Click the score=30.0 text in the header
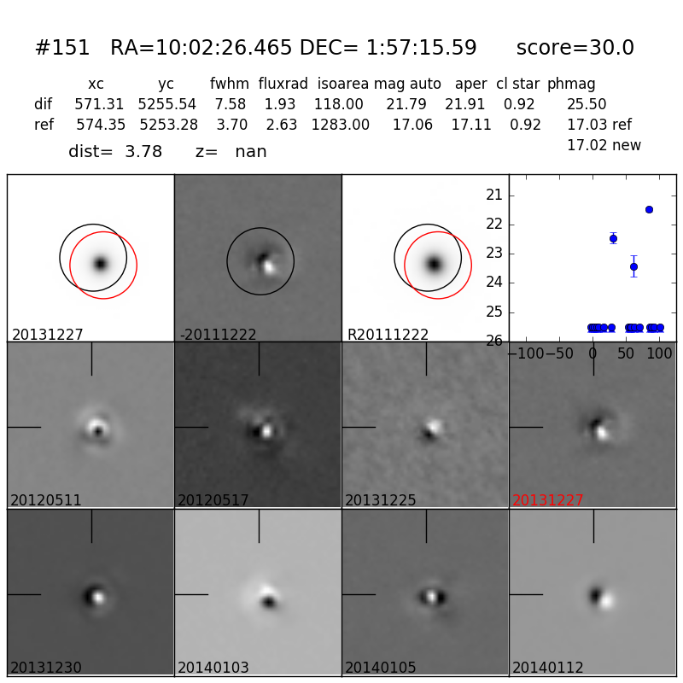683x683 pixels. tap(575, 49)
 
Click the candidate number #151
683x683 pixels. tap(62, 49)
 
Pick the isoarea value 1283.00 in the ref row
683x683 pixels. tap(340, 125)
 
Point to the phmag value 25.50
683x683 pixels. tap(587, 104)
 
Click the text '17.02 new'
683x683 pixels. tap(604, 145)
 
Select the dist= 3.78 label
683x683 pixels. tap(115, 152)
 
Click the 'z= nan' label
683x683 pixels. tap(231, 152)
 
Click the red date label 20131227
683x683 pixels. tap(548, 500)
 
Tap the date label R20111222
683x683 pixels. tap(388, 335)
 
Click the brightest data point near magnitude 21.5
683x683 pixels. tap(649, 209)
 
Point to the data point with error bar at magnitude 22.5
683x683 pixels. tap(613, 237)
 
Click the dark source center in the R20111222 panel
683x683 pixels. tap(434, 264)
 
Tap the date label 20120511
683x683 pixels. tap(46, 500)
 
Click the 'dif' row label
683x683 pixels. tap(43, 104)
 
